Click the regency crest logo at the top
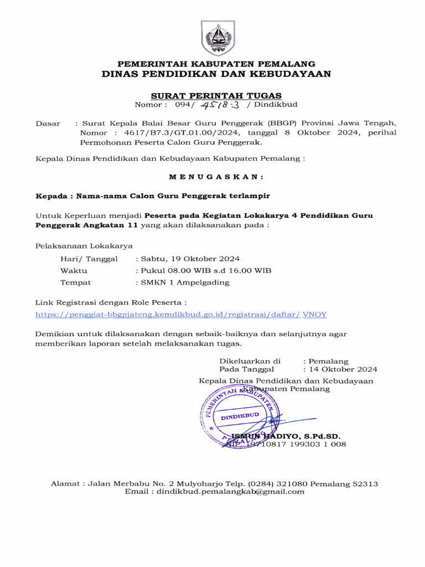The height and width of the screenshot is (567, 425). (216, 38)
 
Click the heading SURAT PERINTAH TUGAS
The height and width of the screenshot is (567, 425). (216, 95)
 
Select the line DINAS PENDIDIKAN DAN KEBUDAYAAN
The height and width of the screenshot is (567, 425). (216, 74)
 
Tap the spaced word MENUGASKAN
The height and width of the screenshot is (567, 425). (216, 177)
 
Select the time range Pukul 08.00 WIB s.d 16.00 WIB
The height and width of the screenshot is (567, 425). (203, 270)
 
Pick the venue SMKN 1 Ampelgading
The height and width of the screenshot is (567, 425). (183, 282)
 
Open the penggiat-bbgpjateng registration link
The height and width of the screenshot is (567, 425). (168, 314)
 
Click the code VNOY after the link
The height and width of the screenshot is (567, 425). (315, 314)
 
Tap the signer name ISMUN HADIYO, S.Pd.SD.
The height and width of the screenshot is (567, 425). (286, 436)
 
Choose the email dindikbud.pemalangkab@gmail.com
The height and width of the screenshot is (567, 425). (230, 492)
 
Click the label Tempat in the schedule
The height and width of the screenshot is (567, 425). (75, 282)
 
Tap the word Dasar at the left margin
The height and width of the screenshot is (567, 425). (48, 123)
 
